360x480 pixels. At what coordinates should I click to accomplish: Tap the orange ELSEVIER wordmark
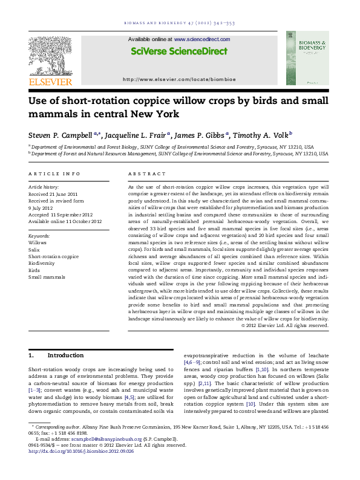coord(50,82)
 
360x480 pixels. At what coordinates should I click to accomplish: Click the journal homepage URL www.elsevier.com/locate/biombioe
coord(179,79)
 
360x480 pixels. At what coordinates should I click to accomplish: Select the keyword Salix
coord(35,249)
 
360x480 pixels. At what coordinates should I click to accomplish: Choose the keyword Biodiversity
coord(42,263)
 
